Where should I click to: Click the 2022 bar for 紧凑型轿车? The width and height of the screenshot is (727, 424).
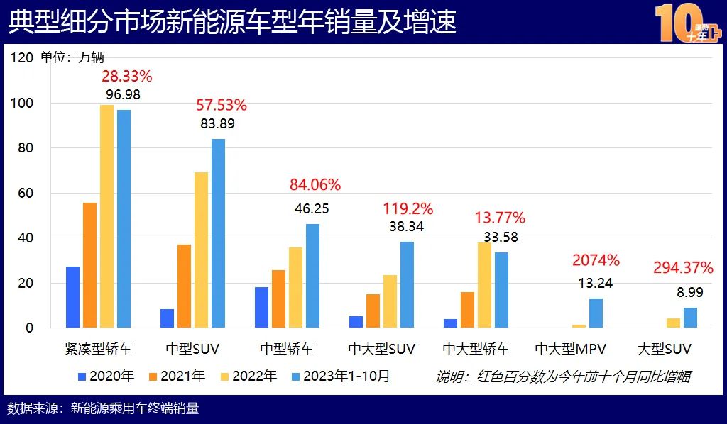tap(106, 216)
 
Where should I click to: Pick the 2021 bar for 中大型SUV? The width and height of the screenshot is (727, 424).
tap(373, 311)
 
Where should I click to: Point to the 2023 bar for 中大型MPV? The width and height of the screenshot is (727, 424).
tap(596, 313)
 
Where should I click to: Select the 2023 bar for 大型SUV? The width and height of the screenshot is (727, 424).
tap(690, 318)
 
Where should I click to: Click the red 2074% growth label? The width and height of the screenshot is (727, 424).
tap(596, 260)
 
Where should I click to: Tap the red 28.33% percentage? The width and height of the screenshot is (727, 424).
tap(127, 76)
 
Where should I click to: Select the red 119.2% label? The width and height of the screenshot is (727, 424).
tap(408, 208)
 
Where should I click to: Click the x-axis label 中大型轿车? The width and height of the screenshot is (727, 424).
tap(476, 349)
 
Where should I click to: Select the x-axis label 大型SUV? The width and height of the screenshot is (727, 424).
tap(664, 349)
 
